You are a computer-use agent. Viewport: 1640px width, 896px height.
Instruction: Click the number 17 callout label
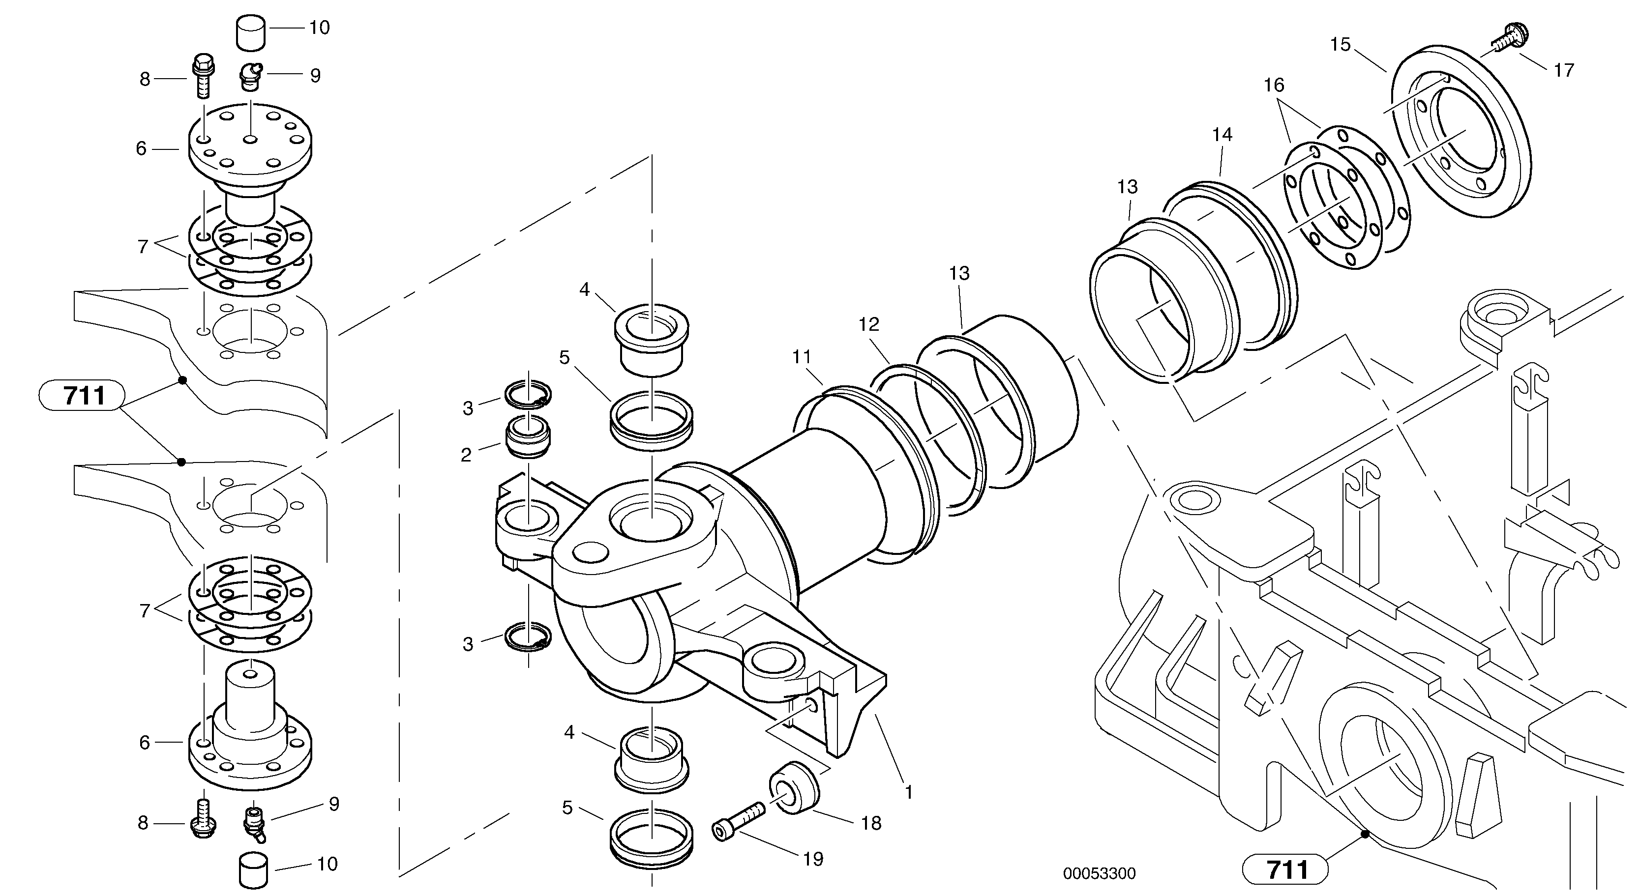pos(1564,70)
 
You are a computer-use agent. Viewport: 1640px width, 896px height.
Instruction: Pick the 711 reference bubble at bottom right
pos(1285,870)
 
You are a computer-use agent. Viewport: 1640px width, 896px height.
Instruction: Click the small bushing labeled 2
pos(527,436)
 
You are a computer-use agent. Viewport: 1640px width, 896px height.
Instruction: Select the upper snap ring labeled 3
pos(529,395)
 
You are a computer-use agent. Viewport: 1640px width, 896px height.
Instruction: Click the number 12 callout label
pos(868,324)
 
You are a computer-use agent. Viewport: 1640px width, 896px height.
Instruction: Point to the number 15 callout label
pos(1340,45)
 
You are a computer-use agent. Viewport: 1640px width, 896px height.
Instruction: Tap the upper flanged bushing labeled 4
pos(651,341)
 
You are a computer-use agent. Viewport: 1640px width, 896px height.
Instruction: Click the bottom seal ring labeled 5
pos(651,844)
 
